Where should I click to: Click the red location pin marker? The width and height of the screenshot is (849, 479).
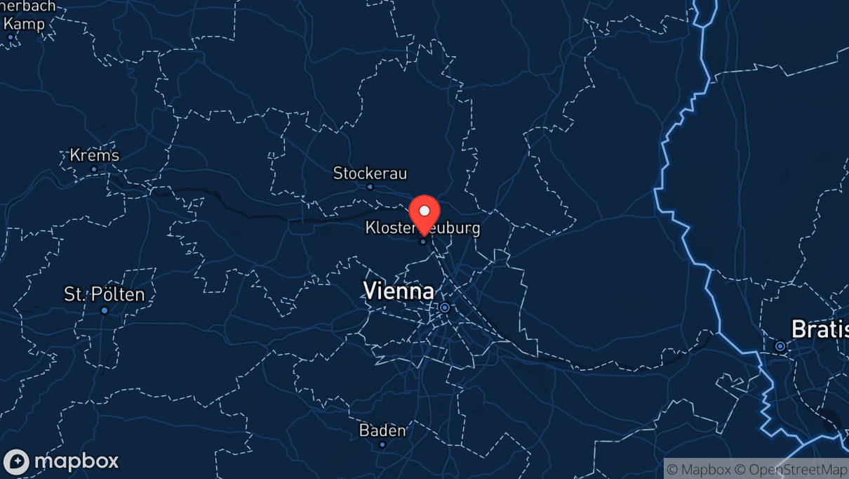pos(424,215)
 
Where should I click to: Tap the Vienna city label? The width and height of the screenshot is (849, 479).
pos(399,291)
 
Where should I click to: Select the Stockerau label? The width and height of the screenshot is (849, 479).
pos(370,173)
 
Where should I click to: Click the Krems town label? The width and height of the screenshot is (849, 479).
pos(95,155)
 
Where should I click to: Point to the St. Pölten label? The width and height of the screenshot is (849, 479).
pos(105,294)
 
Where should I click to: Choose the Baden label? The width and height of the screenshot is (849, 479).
pos(382,430)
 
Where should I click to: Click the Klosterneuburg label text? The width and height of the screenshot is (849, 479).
pos(422,228)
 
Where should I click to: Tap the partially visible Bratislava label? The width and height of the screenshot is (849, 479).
pos(820,329)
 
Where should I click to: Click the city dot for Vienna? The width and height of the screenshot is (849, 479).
pos(444,308)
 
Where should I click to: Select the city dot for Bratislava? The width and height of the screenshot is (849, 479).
pos(780,346)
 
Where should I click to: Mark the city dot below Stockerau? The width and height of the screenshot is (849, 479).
pos(370,187)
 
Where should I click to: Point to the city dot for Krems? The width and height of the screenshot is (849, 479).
pos(94,169)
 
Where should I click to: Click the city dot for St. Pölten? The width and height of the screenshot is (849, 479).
pos(105,310)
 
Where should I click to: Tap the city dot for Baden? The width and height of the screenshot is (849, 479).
pos(382,445)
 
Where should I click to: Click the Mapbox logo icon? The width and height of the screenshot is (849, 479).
pos(16,461)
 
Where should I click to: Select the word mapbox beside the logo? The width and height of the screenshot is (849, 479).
pos(76,461)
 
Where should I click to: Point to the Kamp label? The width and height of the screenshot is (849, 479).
pos(27,24)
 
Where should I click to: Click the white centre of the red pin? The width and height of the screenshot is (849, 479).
pos(424,210)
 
